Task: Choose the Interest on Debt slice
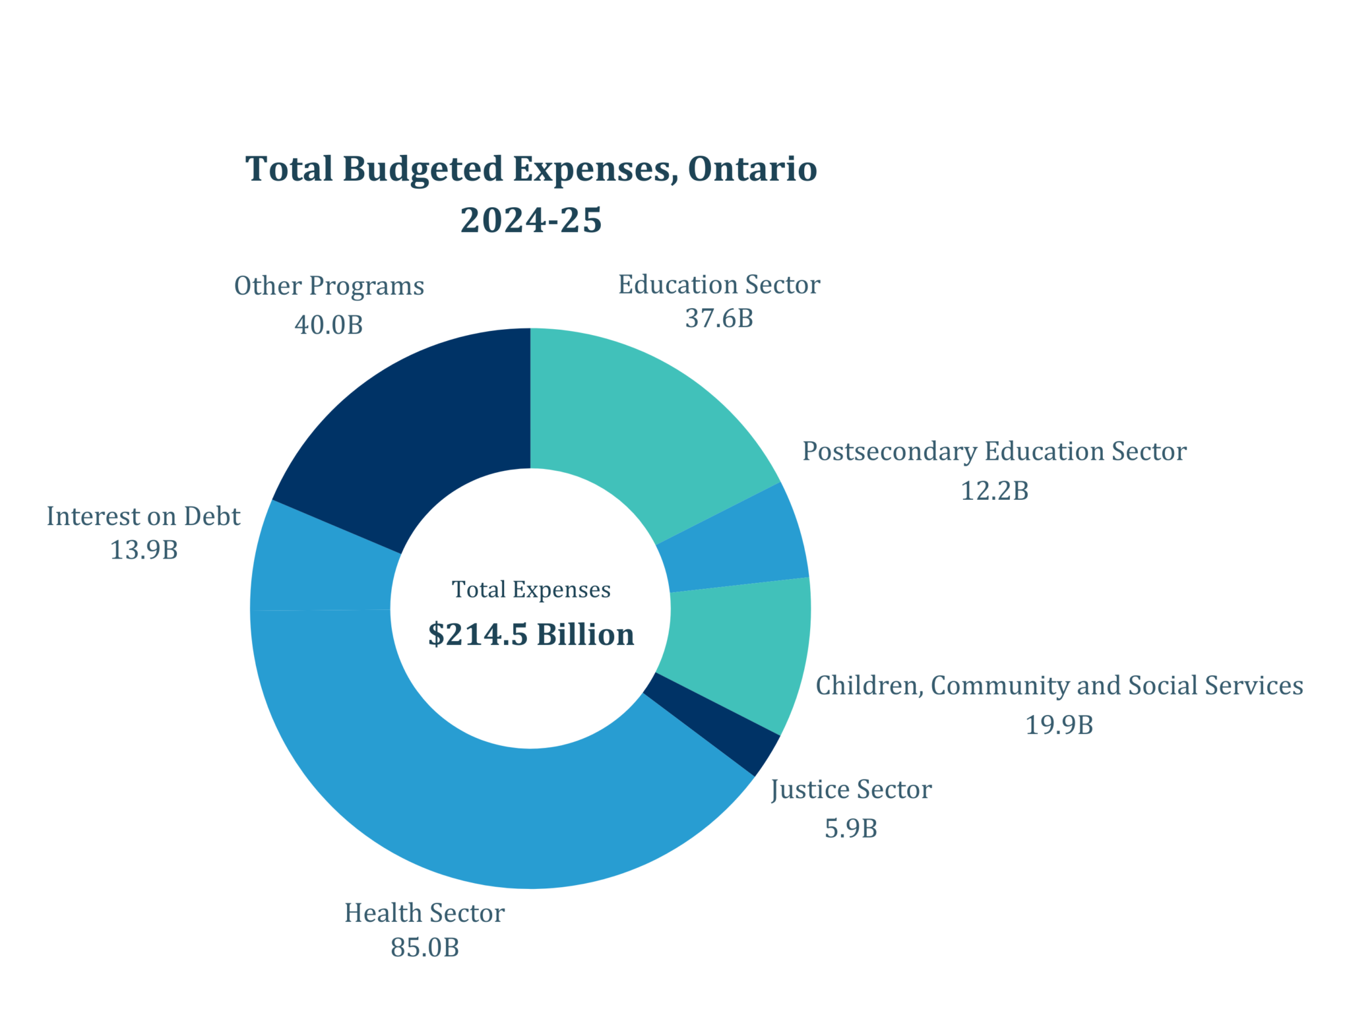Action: (x=323, y=567)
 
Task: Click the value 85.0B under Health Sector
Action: (x=424, y=948)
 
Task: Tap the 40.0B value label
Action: (x=329, y=325)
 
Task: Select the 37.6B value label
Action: (x=719, y=319)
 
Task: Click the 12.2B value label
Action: (x=994, y=491)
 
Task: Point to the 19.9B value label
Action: (x=1059, y=725)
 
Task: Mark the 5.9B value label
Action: (x=851, y=829)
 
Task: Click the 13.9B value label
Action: (x=144, y=550)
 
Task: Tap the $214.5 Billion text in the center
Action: (x=531, y=634)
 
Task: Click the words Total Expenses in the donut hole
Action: (x=531, y=590)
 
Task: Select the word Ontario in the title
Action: (x=752, y=169)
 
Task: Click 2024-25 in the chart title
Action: (x=531, y=220)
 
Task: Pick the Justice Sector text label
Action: (x=851, y=790)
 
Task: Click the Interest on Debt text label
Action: (x=143, y=516)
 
